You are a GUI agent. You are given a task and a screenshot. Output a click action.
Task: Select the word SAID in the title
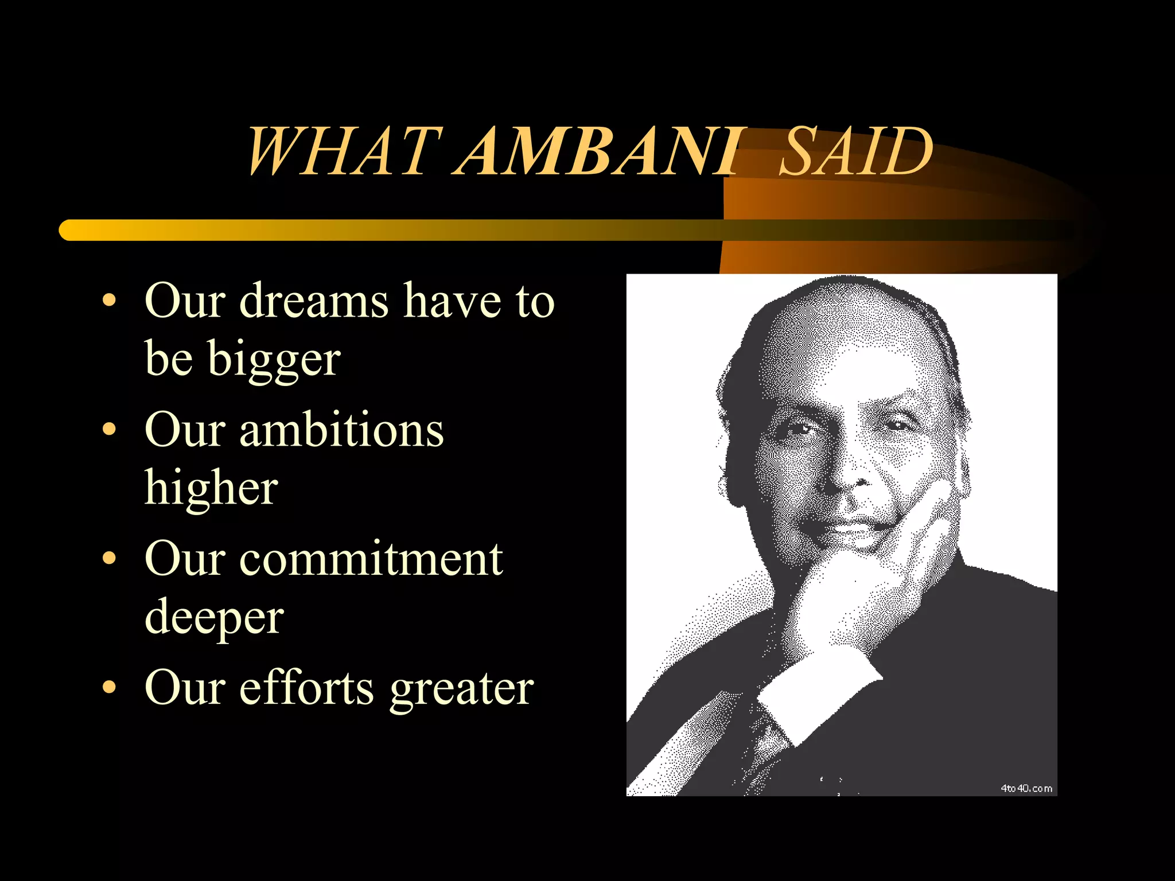(855, 151)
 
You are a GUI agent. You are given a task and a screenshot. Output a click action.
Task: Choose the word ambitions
(341, 430)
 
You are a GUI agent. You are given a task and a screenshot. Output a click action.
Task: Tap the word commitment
(371, 559)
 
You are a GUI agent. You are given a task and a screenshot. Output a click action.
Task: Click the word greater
(461, 688)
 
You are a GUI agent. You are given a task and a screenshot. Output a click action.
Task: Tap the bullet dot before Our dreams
(109, 301)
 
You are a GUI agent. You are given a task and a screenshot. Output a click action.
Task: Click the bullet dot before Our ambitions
(109, 430)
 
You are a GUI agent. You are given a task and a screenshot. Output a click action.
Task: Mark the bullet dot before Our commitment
(109, 559)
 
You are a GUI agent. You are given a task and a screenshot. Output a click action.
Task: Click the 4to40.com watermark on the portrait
(1026, 789)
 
